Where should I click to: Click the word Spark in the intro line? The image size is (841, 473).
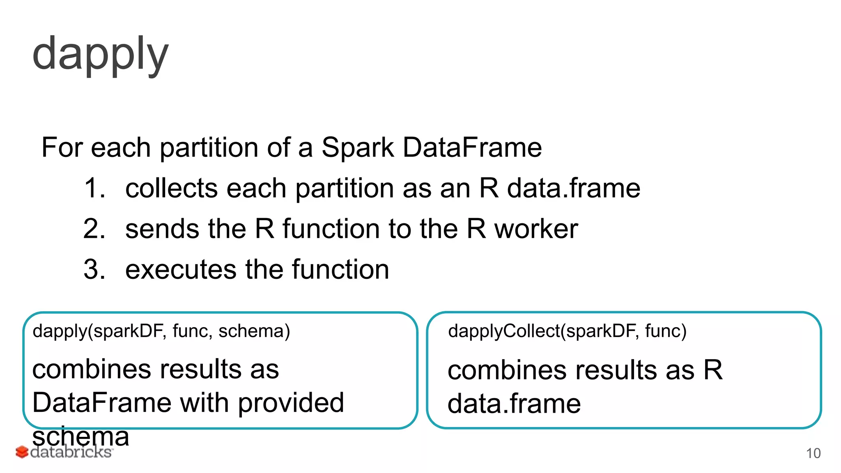point(357,147)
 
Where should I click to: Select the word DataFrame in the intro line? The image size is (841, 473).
point(472,147)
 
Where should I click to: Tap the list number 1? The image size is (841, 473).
point(94,188)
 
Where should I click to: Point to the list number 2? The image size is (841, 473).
point(94,229)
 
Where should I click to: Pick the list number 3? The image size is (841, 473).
point(94,270)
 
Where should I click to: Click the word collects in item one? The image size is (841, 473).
point(171,188)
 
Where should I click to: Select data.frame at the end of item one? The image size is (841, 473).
point(573,188)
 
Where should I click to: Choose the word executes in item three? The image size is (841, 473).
point(180,270)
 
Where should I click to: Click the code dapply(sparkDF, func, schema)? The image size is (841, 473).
point(161,331)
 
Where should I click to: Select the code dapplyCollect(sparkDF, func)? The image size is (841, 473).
point(567,331)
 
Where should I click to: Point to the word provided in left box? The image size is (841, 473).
point(291,403)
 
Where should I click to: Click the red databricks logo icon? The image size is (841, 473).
point(22,452)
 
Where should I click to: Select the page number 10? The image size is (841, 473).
point(813,453)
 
